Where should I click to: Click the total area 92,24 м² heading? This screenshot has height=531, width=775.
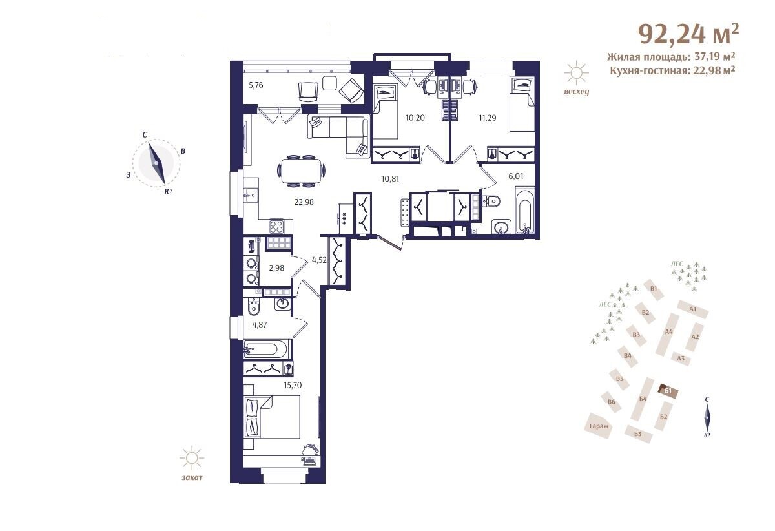[688, 35]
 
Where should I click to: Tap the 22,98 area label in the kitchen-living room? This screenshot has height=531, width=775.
[304, 202]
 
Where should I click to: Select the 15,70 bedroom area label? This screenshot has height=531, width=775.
[293, 385]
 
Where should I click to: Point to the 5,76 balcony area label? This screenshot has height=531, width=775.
[256, 85]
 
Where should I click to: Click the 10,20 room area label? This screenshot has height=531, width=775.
[415, 118]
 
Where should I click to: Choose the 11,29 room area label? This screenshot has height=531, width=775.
[487, 118]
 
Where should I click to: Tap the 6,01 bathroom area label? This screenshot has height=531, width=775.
[516, 176]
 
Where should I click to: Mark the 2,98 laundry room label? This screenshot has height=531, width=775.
[276, 267]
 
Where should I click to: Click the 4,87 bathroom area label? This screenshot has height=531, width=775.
[260, 325]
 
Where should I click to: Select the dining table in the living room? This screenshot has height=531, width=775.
[302, 171]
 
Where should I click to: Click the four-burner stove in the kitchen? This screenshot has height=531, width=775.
[276, 227]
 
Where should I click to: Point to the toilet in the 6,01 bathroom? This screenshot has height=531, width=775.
[491, 201]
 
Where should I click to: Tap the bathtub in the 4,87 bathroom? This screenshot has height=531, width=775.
[265, 349]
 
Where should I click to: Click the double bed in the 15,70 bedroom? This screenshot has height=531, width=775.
[272, 417]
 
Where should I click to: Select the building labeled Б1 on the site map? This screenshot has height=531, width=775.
[668, 391]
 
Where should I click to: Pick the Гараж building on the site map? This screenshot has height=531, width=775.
[599, 426]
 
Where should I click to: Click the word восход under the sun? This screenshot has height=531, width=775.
[576, 92]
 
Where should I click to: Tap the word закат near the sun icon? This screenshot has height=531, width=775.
[192, 477]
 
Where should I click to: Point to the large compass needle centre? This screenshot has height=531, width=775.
[156, 163]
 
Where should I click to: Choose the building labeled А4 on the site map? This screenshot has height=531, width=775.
[668, 334]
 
